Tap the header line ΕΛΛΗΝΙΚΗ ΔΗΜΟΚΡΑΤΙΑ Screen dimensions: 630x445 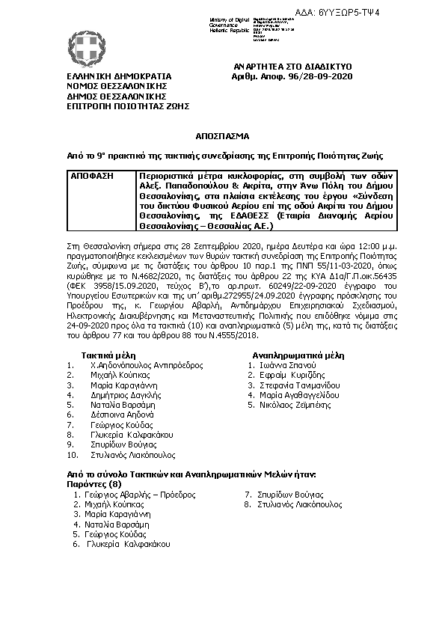click(119, 76)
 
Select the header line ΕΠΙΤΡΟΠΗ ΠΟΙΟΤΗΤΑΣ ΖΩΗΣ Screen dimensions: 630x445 click(128, 106)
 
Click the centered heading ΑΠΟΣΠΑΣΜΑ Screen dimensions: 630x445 click(222, 135)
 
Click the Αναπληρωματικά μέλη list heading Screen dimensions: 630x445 click(298, 355)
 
